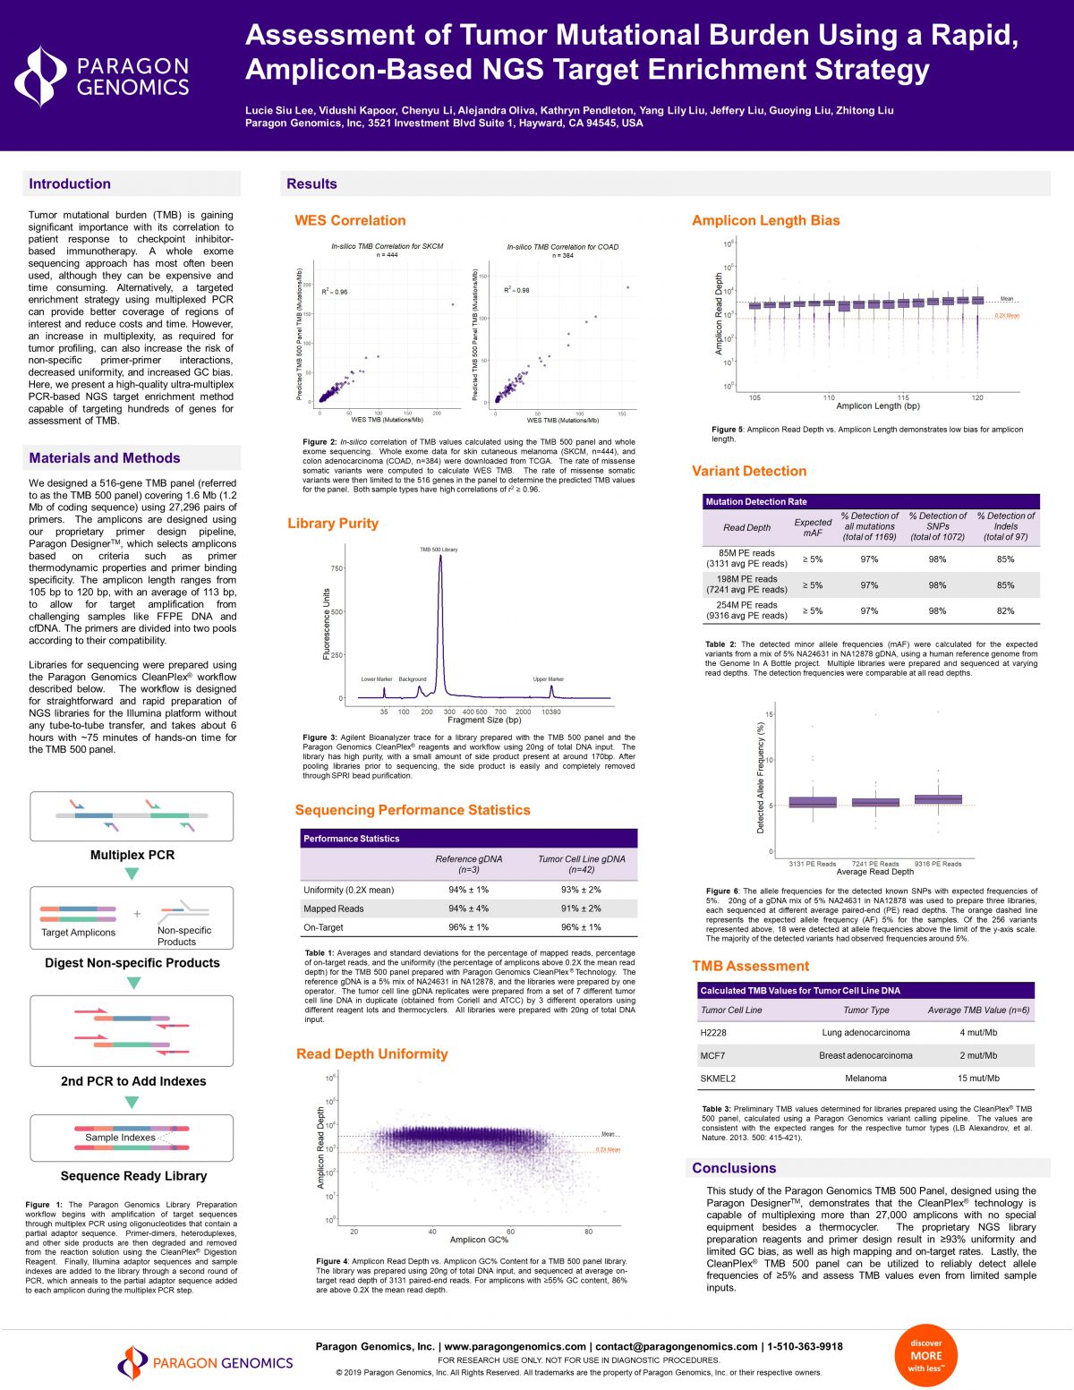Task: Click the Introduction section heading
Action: point(70,183)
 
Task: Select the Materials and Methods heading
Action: point(104,458)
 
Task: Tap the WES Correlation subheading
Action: point(350,220)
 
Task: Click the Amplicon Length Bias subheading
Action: point(765,220)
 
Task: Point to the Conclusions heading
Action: point(734,1168)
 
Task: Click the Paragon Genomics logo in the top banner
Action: point(102,77)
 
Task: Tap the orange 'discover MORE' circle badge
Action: point(926,1355)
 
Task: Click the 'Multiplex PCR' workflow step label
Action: point(132,855)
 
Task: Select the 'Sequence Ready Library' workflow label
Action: point(133,1176)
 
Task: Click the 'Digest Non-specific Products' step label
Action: point(132,963)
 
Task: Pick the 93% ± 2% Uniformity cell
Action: point(581,890)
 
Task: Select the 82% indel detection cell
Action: point(1005,610)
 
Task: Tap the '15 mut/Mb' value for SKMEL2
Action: point(978,1079)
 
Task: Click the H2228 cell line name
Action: point(713,1033)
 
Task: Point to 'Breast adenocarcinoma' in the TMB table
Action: point(865,1055)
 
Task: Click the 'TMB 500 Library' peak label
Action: point(439,550)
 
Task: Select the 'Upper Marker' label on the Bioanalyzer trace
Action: point(548,679)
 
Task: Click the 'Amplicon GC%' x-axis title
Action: point(479,1240)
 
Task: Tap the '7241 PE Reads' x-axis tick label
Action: point(875,864)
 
